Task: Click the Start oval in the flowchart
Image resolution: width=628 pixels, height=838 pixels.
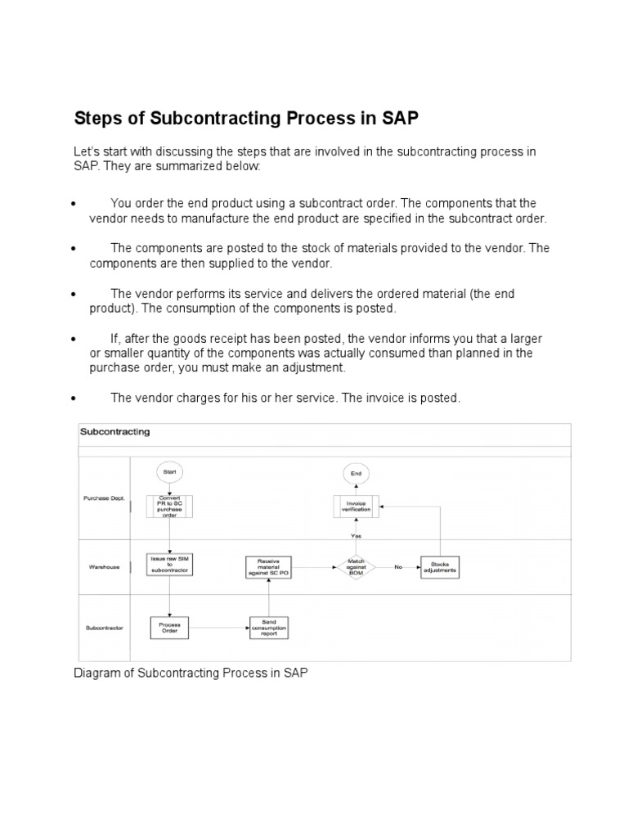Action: point(170,472)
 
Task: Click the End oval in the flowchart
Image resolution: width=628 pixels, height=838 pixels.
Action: point(357,473)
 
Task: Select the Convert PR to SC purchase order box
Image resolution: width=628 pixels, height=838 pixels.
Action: point(170,507)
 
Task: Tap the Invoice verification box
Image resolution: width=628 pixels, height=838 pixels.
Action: point(357,507)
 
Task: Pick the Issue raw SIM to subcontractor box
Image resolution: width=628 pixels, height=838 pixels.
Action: point(170,565)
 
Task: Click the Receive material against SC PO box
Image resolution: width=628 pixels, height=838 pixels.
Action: point(268,568)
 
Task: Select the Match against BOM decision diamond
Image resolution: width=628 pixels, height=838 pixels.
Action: point(357,567)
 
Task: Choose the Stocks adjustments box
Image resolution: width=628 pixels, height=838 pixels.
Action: point(440,567)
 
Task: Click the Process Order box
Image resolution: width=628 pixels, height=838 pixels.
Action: point(170,628)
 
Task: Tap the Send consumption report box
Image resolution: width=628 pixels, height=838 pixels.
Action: point(269,628)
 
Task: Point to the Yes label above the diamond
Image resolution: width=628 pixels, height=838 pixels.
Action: point(357,536)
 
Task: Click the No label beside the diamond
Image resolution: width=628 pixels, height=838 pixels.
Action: point(398,567)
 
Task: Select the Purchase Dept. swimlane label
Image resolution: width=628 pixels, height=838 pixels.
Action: point(104,498)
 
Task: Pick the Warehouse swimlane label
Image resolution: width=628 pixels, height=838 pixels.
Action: point(104,567)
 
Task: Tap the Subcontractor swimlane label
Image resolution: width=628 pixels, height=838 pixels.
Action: point(104,628)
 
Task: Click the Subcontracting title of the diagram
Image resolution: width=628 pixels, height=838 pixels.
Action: point(114,431)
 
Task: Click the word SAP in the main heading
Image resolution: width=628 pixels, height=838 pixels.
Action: point(400,118)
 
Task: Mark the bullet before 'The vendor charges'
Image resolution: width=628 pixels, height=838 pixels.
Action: point(74,399)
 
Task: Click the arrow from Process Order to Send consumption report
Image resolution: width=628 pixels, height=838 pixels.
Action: point(221,628)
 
